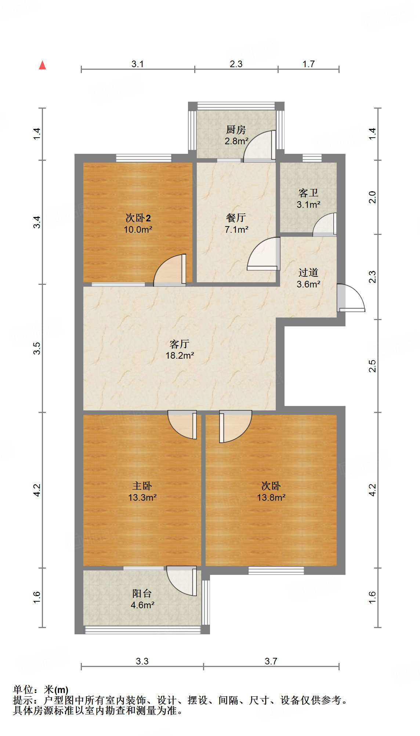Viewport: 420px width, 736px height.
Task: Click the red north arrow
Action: click(x=43, y=65)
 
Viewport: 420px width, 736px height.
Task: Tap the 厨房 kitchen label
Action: click(x=236, y=130)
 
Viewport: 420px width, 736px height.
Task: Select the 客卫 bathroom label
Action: click(x=308, y=193)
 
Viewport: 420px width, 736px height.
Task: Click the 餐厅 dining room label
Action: click(x=236, y=218)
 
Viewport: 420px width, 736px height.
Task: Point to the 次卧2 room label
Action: click(x=138, y=218)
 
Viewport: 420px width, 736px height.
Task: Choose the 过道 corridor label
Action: click(x=308, y=272)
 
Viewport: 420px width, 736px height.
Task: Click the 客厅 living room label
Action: click(x=180, y=344)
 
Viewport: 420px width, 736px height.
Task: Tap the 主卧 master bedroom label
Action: click(x=142, y=486)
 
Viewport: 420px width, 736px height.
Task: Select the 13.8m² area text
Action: click(x=271, y=497)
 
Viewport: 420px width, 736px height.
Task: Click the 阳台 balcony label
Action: click(x=142, y=594)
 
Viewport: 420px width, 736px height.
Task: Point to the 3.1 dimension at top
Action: click(x=138, y=64)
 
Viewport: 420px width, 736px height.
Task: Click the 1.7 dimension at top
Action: click(x=308, y=64)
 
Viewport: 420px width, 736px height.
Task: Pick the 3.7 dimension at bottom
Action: click(x=271, y=661)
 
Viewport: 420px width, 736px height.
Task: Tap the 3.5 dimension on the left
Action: click(x=37, y=348)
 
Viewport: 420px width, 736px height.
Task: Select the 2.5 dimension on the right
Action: click(x=373, y=366)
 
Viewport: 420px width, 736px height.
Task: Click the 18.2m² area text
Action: click(x=180, y=355)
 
